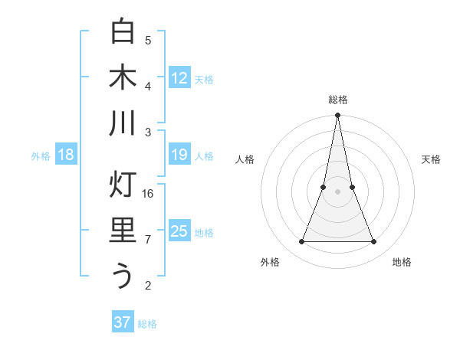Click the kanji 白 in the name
123,31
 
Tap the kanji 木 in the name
123,77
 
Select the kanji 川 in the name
123,123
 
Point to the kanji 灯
123,185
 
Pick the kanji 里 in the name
123,231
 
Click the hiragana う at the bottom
123,276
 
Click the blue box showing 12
179,77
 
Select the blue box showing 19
179,155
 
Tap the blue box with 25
179,231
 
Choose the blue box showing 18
66,155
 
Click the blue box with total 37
123,322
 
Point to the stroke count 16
149,193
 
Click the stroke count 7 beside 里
148,240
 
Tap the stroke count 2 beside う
148,286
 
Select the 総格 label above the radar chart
338,100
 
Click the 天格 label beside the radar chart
431,159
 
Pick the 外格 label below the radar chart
270,262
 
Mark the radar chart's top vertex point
338,116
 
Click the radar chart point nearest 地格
374,242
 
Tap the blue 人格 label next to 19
204,156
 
